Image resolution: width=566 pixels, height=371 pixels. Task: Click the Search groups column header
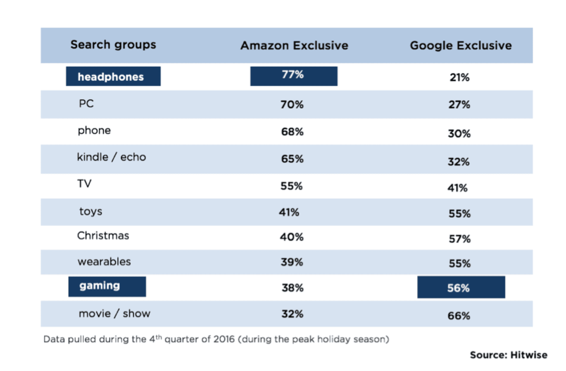(113, 45)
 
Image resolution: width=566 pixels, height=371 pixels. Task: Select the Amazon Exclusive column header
(294, 45)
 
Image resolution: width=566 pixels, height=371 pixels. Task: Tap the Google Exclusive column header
(461, 45)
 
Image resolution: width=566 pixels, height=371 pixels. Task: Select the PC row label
(86, 104)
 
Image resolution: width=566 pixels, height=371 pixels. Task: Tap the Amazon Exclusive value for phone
(292, 132)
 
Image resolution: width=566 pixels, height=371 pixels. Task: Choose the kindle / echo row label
(112, 157)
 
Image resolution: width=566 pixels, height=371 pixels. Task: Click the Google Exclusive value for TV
(457, 188)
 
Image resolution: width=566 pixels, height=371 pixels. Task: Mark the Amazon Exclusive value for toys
(289, 212)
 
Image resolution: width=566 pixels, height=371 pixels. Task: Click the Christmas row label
(103, 235)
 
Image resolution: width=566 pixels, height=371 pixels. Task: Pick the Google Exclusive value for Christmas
(459, 239)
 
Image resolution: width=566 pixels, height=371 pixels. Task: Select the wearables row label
(104, 262)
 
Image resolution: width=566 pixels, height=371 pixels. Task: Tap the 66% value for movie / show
(459, 316)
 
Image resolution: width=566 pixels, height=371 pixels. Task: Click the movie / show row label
(114, 314)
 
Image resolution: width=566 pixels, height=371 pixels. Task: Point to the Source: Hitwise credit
(508, 355)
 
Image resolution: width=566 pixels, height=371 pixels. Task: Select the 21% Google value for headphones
(459, 77)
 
